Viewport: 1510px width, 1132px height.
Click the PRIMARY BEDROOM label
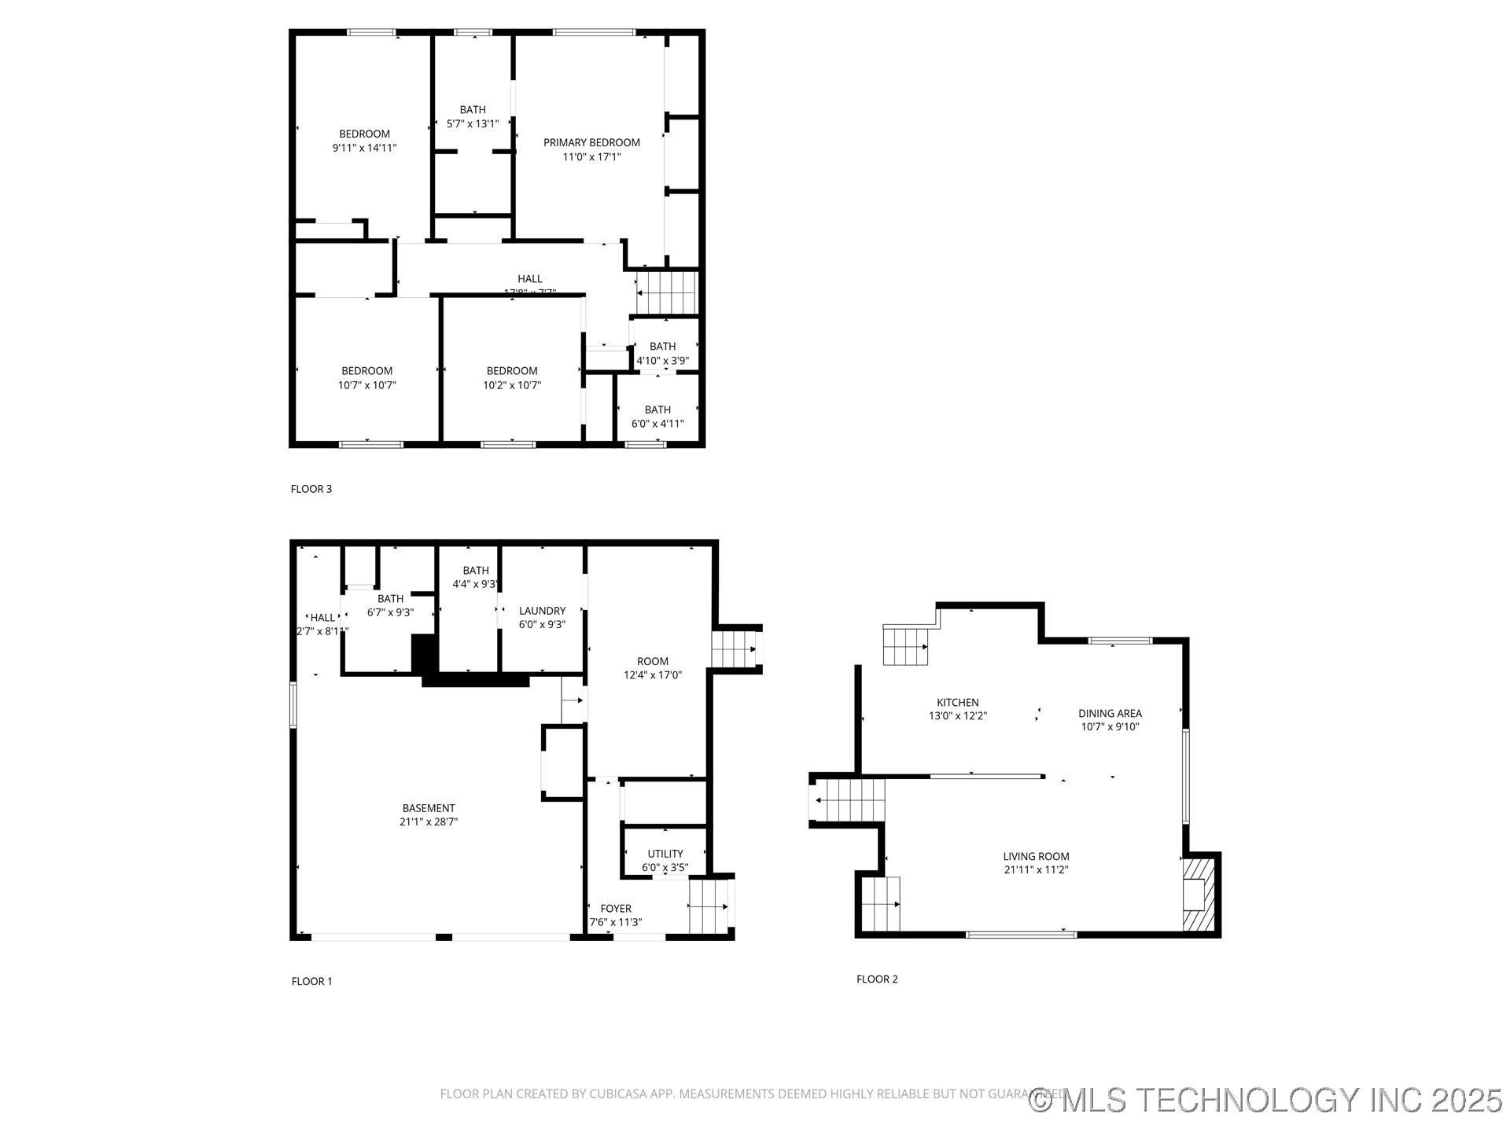pos(591,142)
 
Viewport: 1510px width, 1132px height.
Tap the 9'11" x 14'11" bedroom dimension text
pos(364,148)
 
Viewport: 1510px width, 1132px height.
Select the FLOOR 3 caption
pos(311,489)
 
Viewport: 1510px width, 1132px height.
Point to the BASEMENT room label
pos(429,808)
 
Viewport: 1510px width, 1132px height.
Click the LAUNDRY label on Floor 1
pos(542,611)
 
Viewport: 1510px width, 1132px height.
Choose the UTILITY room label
pos(665,854)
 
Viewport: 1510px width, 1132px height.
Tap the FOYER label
pos(616,909)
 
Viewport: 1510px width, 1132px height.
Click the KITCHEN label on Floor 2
pos(957,703)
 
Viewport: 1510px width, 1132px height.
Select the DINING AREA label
pos(1110,714)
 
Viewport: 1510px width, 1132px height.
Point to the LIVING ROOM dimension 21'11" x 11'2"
pos(1036,870)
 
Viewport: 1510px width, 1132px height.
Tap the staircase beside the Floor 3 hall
pos(666,292)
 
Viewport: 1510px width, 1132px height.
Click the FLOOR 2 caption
pos(877,979)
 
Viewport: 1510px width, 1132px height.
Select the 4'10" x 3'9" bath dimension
pos(662,361)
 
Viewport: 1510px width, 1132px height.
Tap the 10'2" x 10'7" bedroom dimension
pos(512,385)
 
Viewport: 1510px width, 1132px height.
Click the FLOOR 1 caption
pos(312,981)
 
